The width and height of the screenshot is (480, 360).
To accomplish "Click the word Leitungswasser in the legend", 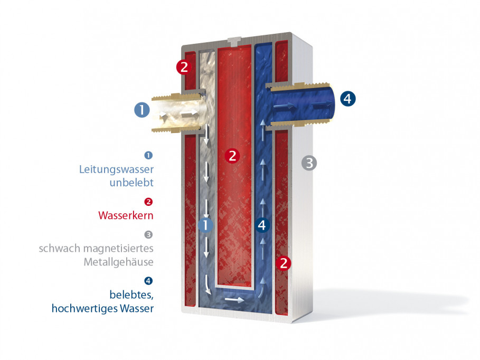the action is point(116,169).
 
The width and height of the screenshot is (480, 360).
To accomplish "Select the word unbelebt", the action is point(131,183).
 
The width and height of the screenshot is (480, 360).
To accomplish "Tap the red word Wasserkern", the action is point(126,215).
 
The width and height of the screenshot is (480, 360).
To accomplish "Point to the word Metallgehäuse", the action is point(118,262).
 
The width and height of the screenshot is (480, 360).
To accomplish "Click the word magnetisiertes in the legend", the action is point(118,248).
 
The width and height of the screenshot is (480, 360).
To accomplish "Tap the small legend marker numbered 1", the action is point(148,156).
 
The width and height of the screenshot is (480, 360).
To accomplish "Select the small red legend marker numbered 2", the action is point(148,202).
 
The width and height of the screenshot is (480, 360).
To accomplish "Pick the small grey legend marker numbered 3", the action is point(148,235).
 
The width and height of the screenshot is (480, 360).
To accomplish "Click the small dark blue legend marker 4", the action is point(148,281).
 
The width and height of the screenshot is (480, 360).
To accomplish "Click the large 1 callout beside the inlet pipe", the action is point(142,110).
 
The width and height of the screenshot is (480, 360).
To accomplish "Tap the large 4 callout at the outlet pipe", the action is point(348,99).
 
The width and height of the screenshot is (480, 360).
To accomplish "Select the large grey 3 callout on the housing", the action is point(309,163).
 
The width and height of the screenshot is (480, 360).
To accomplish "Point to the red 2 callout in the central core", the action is point(232,156).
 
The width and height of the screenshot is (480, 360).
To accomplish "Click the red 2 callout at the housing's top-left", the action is point(184,67).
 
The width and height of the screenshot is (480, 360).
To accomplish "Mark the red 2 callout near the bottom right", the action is point(284,263).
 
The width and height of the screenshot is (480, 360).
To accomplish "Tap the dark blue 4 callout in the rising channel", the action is point(262,225).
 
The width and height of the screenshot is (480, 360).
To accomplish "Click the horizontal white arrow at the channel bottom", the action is point(234,300).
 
